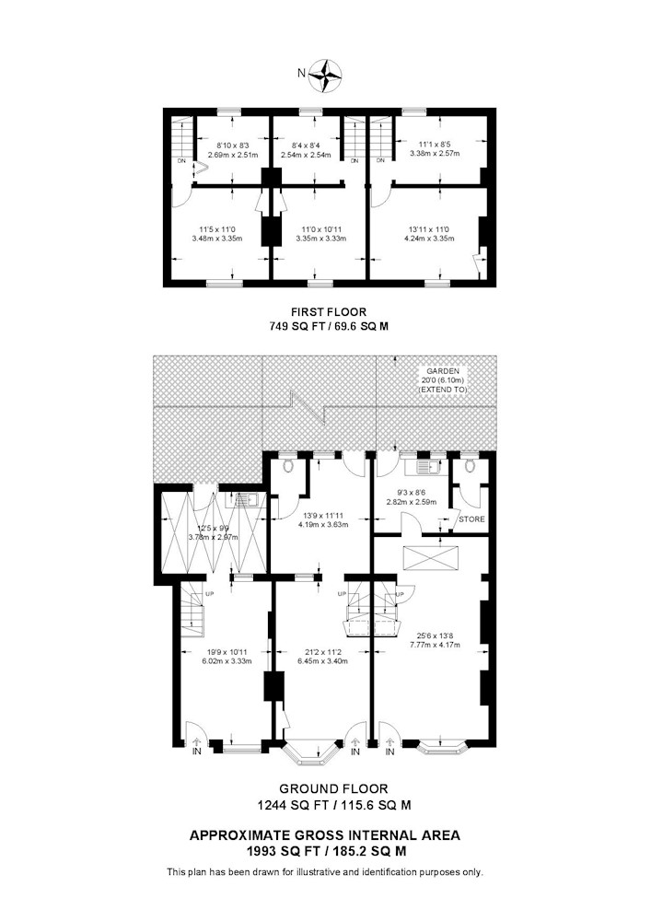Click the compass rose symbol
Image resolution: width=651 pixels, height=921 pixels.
(325, 76)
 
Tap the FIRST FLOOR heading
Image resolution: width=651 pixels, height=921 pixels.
(329, 312)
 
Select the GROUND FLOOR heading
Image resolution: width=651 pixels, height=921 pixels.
(333, 789)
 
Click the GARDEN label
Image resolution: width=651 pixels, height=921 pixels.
(443, 371)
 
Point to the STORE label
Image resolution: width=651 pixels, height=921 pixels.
(472, 519)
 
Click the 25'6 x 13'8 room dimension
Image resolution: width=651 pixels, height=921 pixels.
(435, 635)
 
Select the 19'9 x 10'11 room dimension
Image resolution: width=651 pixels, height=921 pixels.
(227, 651)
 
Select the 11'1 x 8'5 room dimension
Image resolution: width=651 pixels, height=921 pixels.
(435, 144)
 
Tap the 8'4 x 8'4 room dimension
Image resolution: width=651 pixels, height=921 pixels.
(306, 146)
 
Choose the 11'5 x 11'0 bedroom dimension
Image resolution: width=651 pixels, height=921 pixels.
(216, 229)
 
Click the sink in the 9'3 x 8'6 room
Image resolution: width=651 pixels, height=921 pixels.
(425, 468)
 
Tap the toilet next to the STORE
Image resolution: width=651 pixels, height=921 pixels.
(469, 466)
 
